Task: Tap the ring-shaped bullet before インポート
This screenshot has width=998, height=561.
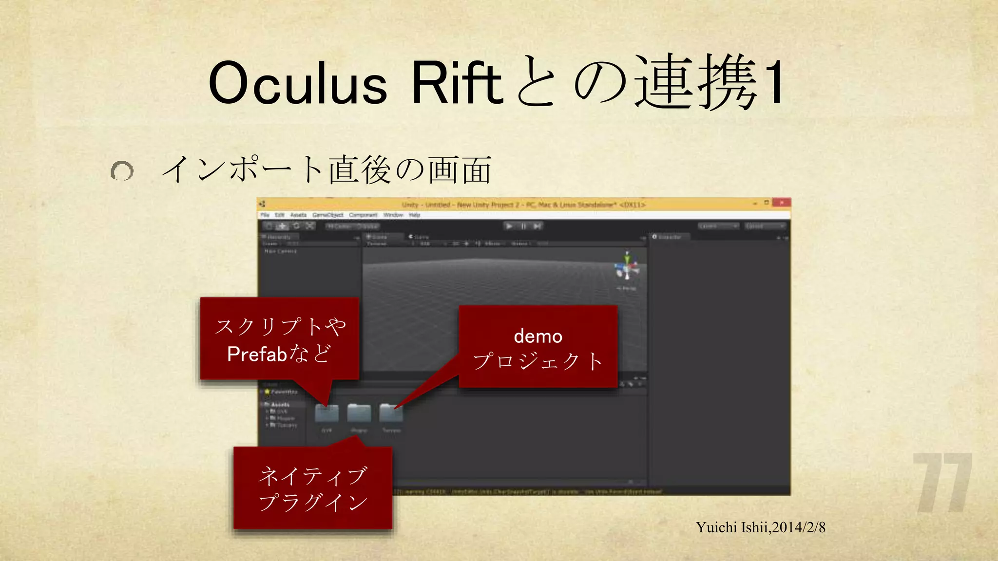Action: click(x=122, y=171)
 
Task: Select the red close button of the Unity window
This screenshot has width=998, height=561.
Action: click(x=782, y=203)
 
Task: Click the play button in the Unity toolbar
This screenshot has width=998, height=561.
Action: click(x=509, y=226)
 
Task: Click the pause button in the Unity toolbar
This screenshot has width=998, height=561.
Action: click(x=523, y=226)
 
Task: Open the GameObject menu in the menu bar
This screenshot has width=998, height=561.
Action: click(x=328, y=215)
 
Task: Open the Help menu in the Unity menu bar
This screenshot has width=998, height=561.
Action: click(x=414, y=215)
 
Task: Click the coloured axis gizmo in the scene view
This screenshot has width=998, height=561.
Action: click(x=627, y=266)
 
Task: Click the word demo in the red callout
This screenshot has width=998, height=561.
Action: click(x=538, y=337)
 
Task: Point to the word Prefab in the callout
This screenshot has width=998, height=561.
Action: click(x=257, y=354)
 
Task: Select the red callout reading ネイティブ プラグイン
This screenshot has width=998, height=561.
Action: click(x=313, y=488)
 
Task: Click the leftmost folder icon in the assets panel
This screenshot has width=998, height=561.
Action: click(x=326, y=413)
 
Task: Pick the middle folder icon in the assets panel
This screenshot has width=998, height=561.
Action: click(x=359, y=413)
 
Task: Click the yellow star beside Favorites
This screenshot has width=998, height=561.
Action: click(x=267, y=392)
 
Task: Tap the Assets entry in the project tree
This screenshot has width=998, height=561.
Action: click(x=280, y=404)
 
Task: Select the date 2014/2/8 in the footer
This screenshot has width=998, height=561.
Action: click(x=799, y=527)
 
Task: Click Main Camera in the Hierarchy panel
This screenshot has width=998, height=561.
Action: click(x=280, y=251)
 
